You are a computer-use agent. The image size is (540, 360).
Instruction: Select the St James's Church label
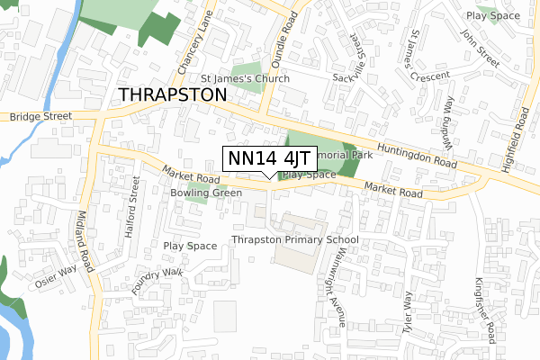pos(245,79)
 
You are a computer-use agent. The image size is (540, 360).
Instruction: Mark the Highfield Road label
pos(519,132)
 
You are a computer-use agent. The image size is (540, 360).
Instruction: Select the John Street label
pos(480,48)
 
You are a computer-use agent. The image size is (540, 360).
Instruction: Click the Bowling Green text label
pos(206,193)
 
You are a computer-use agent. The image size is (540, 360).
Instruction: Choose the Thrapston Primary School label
pos(294,240)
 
